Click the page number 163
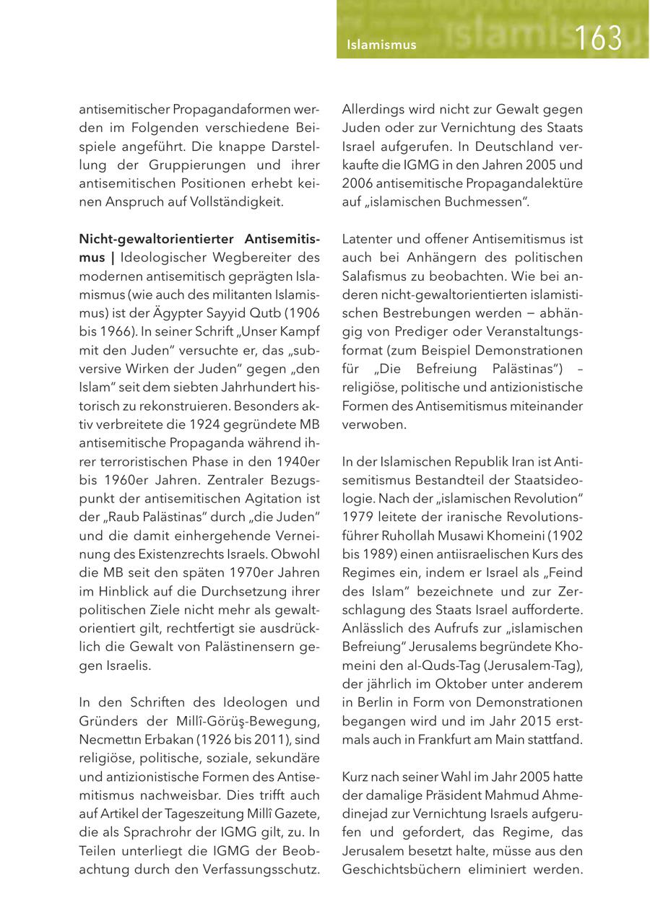599,38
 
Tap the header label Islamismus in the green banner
381,45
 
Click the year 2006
358,183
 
